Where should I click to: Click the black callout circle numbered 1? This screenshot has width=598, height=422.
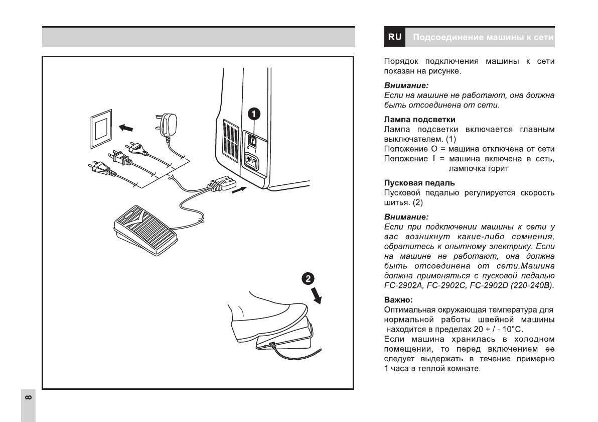tap(256, 114)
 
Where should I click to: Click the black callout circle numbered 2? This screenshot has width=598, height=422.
tap(309, 279)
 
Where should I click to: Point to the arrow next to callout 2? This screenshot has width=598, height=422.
tap(317, 296)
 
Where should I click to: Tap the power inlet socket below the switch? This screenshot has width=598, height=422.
tap(253, 162)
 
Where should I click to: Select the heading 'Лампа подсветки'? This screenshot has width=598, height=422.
tap(412, 120)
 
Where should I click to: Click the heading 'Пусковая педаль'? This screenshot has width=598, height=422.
tap(412, 183)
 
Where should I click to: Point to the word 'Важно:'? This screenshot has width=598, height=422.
tap(398, 299)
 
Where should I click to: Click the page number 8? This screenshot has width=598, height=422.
tap(28, 398)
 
